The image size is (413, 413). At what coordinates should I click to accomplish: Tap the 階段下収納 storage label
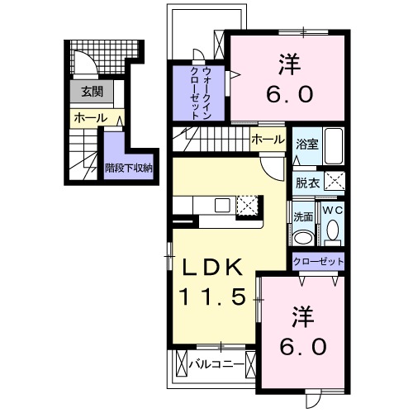tap(129, 167)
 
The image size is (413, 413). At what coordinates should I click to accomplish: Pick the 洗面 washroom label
tap(302, 216)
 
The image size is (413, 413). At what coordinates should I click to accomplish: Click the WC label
tap(333, 211)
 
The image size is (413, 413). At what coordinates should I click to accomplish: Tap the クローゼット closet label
tap(318, 262)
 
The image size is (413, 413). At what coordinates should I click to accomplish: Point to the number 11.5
tap(212, 297)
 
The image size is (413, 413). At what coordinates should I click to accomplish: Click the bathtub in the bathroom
tap(334, 146)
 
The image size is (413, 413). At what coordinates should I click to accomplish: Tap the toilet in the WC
tap(333, 233)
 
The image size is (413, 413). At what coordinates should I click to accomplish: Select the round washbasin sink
tap(302, 237)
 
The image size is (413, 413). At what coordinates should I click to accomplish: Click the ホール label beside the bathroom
tap(268, 140)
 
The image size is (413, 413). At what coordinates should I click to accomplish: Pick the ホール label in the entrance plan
tap(90, 118)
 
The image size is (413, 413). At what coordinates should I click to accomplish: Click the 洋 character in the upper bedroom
tap(289, 61)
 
